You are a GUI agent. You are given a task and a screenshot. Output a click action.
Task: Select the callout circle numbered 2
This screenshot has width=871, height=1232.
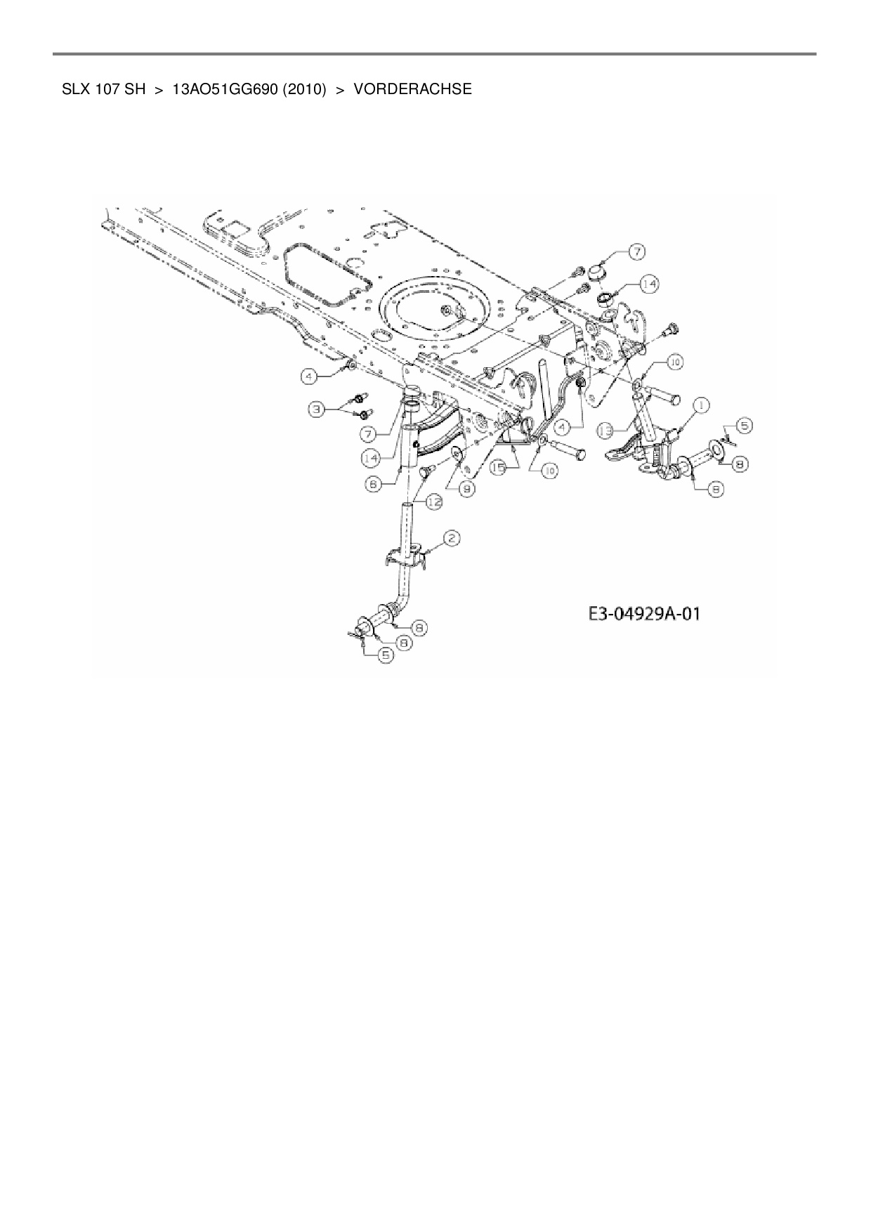pos(452,539)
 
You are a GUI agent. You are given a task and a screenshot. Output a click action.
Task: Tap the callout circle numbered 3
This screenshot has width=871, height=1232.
pos(317,408)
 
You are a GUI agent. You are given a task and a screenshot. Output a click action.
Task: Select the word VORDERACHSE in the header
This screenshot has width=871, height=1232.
pos(412,89)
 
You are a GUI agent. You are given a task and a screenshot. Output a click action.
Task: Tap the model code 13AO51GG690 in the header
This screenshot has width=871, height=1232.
pos(220,89)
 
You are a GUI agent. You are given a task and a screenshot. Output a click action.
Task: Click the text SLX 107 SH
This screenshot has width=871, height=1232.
pos(103,89)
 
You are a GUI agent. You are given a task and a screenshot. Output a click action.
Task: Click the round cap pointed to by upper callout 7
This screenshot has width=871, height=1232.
pos(597,271)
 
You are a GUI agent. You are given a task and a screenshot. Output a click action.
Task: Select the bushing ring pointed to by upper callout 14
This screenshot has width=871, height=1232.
pos(605,301)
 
